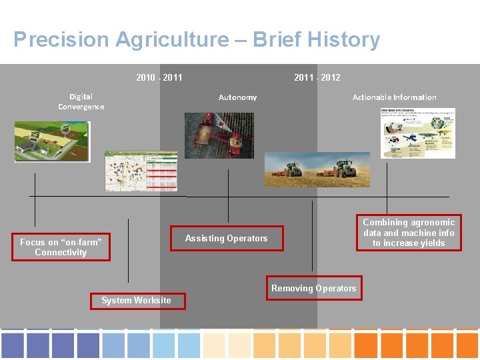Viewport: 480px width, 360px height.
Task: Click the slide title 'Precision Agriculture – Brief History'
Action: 197,40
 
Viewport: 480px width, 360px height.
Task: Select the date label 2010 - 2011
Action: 159,77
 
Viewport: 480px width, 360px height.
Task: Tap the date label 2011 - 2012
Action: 317,77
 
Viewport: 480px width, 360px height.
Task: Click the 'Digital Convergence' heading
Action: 81,101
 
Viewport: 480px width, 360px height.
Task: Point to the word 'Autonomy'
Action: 237,97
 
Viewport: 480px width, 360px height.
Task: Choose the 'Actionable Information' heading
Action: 394,97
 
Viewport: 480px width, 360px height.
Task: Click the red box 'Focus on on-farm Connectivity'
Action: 61,247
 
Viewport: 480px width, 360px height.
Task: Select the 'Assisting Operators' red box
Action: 226,239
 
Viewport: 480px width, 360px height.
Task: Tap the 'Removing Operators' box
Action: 313,288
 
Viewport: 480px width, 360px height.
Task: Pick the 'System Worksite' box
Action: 136,300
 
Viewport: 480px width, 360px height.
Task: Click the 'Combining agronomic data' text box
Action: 409,233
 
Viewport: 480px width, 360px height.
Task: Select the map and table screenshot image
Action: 141,171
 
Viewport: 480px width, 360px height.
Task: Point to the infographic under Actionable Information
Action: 417,132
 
